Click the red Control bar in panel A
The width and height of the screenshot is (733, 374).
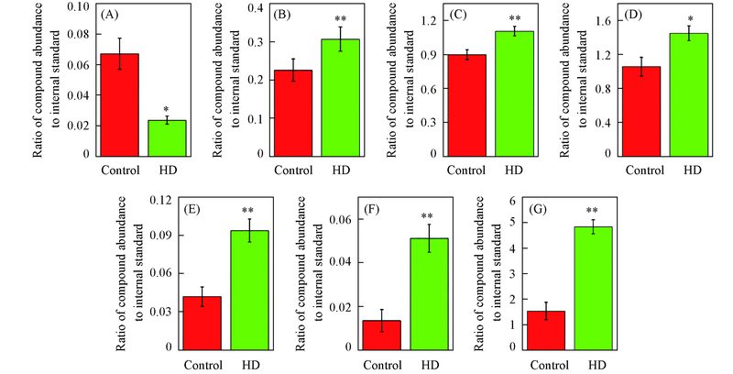point(120,105)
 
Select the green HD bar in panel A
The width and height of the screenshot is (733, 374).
point(167,138)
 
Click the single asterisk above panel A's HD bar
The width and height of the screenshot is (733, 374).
point(167,110)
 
